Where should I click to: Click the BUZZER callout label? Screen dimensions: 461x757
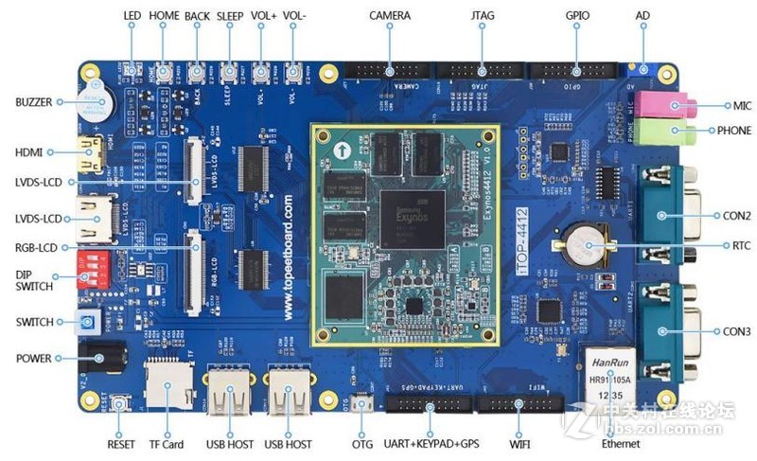click(x=33, y=101)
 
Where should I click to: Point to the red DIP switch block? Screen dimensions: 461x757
click(x=96, y=268)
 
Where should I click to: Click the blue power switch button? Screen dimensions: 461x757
click(x=87, y=323)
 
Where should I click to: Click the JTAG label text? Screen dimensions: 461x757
click(x=481, y=16)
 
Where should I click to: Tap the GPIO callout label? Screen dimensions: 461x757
click(x=577, y=16)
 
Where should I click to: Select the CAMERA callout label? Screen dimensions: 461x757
click(x=390, y=16)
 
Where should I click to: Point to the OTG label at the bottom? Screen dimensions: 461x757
click(x=361, y=444)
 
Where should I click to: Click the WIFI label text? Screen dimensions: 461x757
click(x=519, y=444)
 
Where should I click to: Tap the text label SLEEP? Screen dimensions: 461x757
click(x=229, y=16)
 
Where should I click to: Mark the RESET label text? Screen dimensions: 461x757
click(x=120, y=444)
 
